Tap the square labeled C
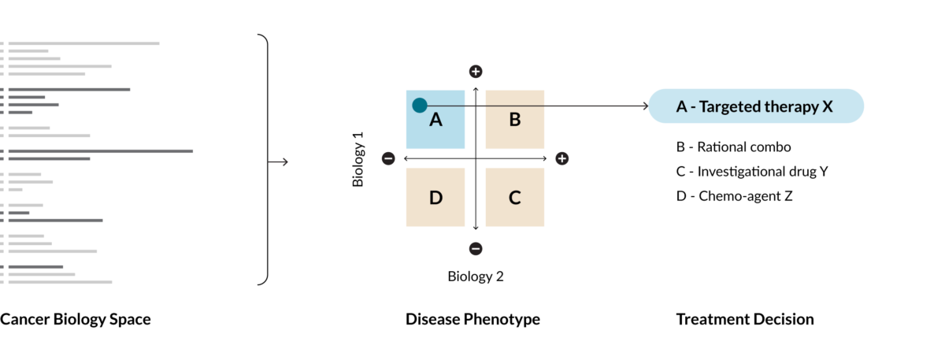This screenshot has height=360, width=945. [514, 197]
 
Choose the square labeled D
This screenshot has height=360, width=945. [435, 197]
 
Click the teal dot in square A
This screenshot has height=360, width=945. [420, 105]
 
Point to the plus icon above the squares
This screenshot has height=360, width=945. [476, 72]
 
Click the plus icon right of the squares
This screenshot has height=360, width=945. [561, 158]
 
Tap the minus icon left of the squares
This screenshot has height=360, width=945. [388, 158]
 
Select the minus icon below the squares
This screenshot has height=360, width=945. [476, 249]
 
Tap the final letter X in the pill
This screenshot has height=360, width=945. [828, 107]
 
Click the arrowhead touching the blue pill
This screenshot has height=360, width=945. [646, 106]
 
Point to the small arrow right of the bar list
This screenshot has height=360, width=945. [279, 162]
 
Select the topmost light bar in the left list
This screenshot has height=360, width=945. [83, 43]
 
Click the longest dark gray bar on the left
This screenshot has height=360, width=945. [101, 151]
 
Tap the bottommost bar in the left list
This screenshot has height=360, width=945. [60, 282]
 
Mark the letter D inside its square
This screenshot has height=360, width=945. [435, 198]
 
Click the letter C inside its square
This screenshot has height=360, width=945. [514, 198]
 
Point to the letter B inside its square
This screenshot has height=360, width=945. [514, 120]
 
